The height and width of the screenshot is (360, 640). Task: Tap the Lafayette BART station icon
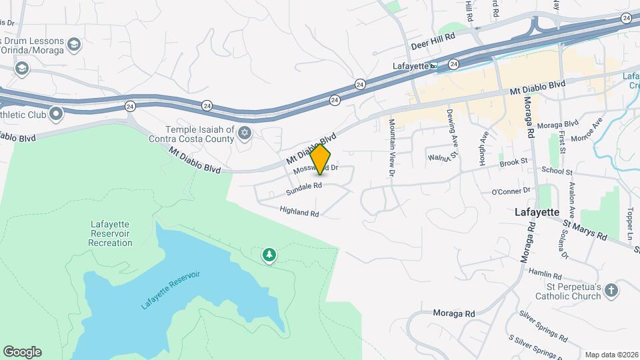[434, 65]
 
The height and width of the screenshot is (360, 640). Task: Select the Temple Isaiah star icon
[245, 134]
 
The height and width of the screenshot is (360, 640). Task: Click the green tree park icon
[269, 254]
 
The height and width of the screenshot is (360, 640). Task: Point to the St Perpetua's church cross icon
[612, 290]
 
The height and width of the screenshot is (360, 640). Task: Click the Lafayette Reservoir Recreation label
[110, 234]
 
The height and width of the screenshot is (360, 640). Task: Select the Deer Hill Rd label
[433, 41]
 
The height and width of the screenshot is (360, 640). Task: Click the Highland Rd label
[300, 213]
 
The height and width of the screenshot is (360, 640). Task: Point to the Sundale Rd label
[304, 189]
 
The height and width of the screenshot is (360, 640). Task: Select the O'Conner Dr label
[510, 191]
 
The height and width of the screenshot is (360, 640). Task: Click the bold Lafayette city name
[537, 211]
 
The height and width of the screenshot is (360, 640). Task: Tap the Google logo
[22, 351]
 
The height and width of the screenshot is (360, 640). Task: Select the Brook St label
[513, 162]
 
